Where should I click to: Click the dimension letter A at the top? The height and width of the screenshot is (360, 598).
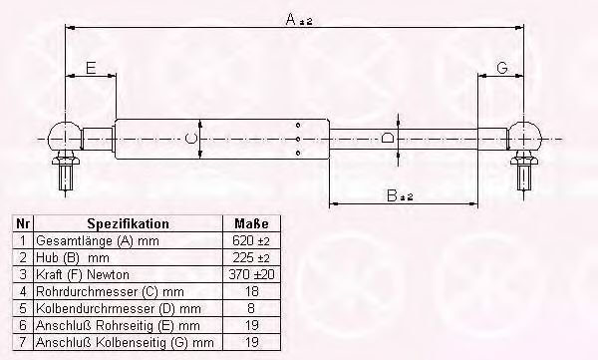pyautogui.click(x=291, y=19)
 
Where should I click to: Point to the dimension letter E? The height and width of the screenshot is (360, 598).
pyautogui.click(x=91, y=68)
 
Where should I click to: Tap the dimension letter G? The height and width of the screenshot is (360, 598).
pyautogui.click(x=502, y=68)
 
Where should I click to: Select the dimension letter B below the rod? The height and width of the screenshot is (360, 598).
pyautogui.click(x=392, y=195)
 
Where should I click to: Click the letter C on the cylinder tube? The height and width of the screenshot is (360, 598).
pyautogui.click(x=190, y=139)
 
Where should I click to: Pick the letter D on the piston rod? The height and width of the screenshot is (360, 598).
pyautogui.click(x=388, y=137)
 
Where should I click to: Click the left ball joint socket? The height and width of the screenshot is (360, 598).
pyautogui.click(x=65, y=137)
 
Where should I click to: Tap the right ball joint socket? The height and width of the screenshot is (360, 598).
pyautogui.click(x=525, y=137)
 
